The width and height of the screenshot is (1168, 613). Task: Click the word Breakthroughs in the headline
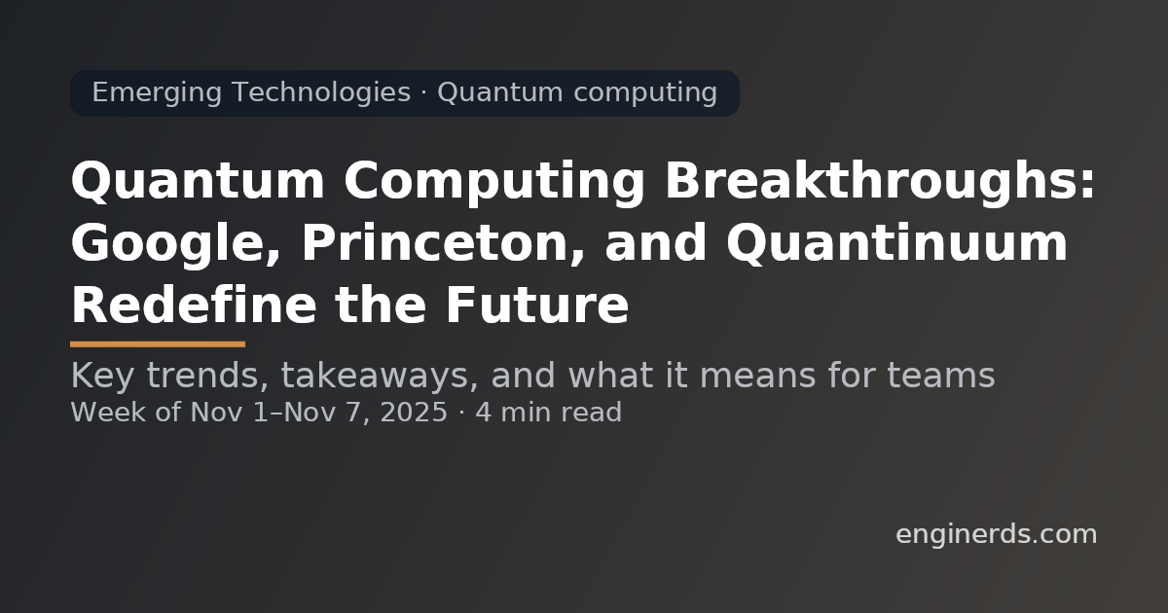click(879, 182)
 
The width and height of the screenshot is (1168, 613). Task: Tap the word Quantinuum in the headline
click(896, 243)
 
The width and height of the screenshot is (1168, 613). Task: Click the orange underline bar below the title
click(158, 343)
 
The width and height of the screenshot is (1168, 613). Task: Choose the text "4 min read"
click(548, 413)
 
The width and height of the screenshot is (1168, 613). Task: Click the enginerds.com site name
click(996, 534)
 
